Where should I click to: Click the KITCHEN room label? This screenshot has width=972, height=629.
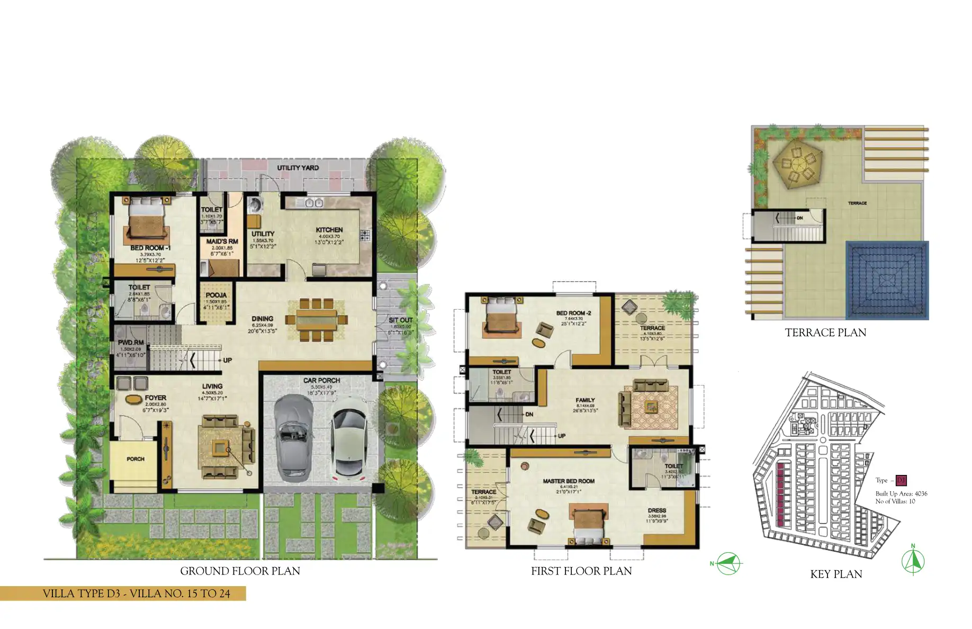tap(329, 230)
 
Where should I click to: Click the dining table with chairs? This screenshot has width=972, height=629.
tap(316, 320)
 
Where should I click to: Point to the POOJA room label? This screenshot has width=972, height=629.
tap(216, 295)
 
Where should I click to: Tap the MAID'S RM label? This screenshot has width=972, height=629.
tap(222, 241)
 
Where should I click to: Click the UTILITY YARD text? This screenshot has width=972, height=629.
tap(298, 168)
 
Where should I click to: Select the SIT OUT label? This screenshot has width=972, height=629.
tap(400, 320)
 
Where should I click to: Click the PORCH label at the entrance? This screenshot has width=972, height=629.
tap(136, 459)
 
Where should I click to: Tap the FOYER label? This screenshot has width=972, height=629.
tap(155, 398)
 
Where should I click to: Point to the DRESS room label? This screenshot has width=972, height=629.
tap(656, 510)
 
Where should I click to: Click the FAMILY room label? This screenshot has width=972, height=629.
tap(585, 400)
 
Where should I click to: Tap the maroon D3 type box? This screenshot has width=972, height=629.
tap(901, 481)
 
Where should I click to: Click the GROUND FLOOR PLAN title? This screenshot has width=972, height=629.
tap(240, 571)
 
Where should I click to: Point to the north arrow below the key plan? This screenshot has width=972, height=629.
tap(913, 561)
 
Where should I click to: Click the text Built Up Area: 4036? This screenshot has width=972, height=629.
tap(901, 493)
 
